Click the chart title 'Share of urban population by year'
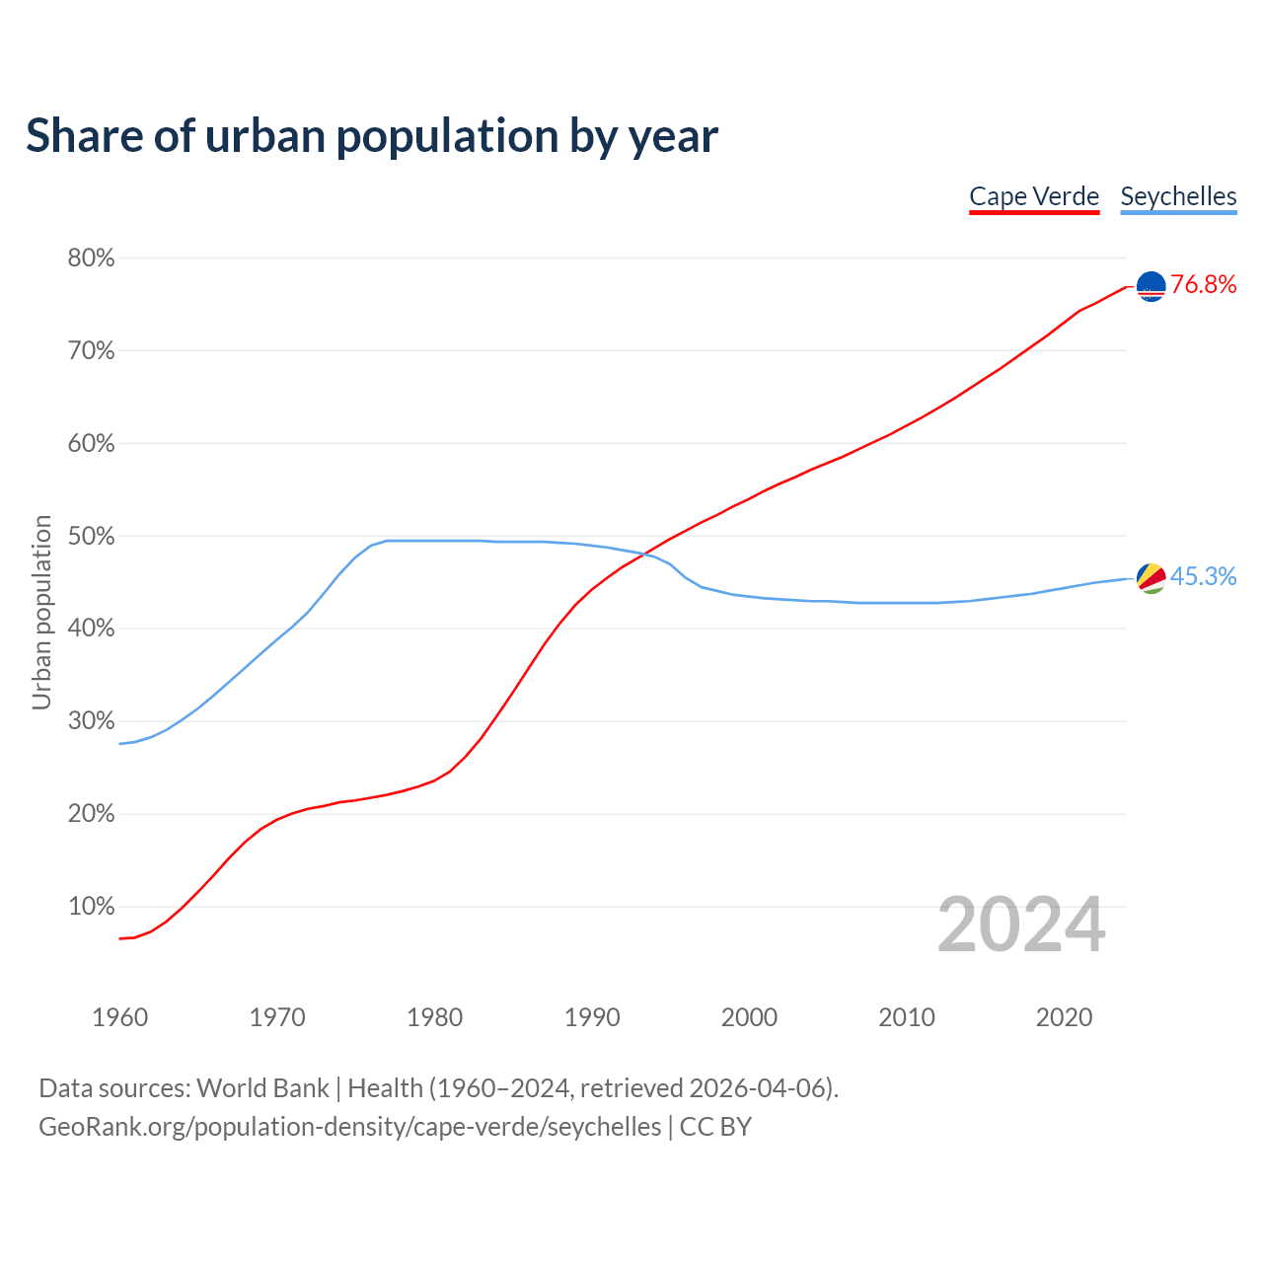click(372, 136)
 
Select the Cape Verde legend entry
click(1034, 196)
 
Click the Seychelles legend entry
click(1178, 196)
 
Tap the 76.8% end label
click(1204, 285)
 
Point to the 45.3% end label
click(1204, 577)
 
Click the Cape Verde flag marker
click(1152, 286)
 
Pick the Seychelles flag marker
click(1152, 578)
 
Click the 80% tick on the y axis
click(91, 259)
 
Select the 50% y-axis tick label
click(91, 537)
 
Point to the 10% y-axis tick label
click(91, 907)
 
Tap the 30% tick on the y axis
click(91, 721)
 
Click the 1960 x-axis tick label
click(120, 1017)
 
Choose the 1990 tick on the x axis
click(592, 1017)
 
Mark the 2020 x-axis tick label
click(1064, 1017)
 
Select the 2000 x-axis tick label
click(750, 1017)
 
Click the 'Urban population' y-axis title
click(41, 612)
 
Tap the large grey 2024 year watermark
click(1021, 925)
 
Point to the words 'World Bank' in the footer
click(262, 1088)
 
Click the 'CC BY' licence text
click(715, 1127)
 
